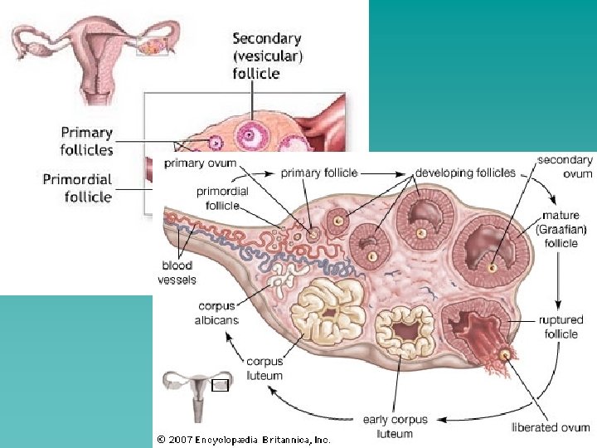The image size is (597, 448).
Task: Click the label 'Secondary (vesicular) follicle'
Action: [267, 56]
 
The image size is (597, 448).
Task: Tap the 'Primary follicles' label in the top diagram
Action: [86, 141]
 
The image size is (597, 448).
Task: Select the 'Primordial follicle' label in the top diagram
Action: [77, 188]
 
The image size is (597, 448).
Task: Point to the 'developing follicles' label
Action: [465, 173]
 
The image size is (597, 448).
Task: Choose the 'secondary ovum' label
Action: [565, 166]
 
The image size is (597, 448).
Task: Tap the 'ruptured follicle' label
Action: [561, 326]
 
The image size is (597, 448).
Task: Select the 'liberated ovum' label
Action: [551, 428]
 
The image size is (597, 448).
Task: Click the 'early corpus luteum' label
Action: [395, 426]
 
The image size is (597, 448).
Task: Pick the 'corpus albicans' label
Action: [216, 313]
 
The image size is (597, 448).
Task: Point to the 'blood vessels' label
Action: [177, 273]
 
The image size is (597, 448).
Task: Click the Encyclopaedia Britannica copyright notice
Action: [243, 439]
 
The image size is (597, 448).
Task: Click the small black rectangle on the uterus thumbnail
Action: [220, 384]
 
